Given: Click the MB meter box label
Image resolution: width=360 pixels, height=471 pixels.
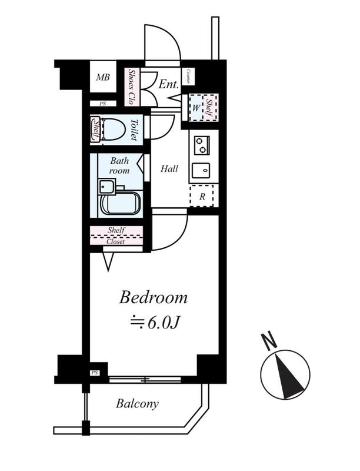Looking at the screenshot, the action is [103, 77].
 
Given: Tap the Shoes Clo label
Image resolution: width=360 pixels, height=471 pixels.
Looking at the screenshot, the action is [131, 87].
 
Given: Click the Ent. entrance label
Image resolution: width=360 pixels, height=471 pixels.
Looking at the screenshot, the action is [169, 84].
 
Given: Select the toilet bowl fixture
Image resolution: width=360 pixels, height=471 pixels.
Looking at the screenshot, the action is [114, 130].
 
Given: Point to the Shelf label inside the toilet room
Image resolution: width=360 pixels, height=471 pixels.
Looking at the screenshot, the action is [96, 130].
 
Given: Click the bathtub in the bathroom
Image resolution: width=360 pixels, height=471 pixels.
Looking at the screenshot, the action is [121, 203].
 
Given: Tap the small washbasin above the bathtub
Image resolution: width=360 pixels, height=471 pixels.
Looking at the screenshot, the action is [107, 187].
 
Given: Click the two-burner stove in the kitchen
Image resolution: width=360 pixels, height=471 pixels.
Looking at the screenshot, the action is [202, 145].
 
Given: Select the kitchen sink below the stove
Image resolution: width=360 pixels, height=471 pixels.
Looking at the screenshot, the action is [201, 171].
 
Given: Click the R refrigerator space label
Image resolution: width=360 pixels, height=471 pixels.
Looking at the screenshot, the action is [202, 197].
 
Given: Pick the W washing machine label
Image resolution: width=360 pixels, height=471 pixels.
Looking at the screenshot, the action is [196, 108].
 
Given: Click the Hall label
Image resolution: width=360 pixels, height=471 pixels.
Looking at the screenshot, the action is [169, 168].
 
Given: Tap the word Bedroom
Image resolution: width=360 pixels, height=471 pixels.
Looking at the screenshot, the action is [154, 298].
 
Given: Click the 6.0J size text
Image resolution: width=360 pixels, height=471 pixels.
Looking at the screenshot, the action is [163, 323].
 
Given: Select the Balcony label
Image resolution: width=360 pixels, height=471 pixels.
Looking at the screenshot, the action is [138, 403].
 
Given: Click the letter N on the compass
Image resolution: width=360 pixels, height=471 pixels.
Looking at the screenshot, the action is [269, 341].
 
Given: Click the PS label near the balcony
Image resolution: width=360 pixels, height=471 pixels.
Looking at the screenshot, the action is [95, 373].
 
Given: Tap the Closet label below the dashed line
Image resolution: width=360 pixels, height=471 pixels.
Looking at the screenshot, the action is [115, 241].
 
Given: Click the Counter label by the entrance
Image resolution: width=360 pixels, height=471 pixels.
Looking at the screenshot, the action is [188, 77].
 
